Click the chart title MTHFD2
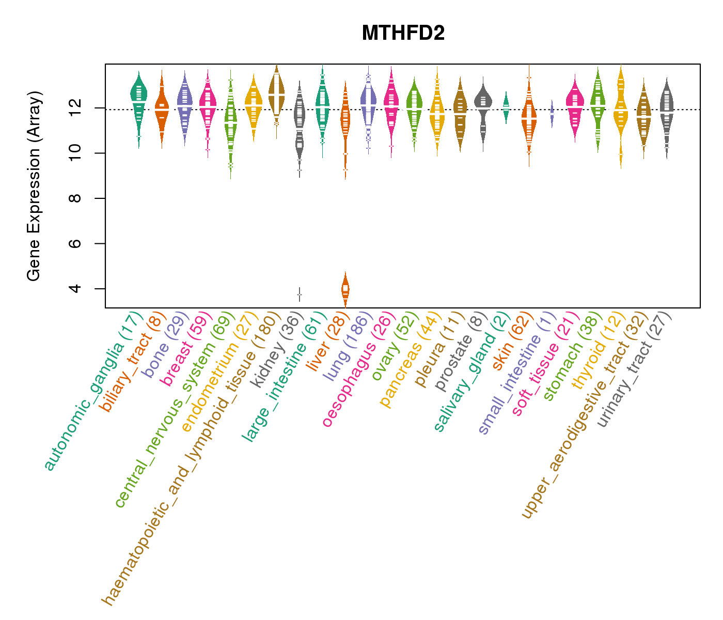coord(403,34)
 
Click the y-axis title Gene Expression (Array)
coord(34,186)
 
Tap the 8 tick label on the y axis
coord(76,198)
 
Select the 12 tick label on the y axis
coord(76,108)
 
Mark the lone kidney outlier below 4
coord(299,295)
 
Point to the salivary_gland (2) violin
coord(506,106)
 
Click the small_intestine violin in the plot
coord(552,112)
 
